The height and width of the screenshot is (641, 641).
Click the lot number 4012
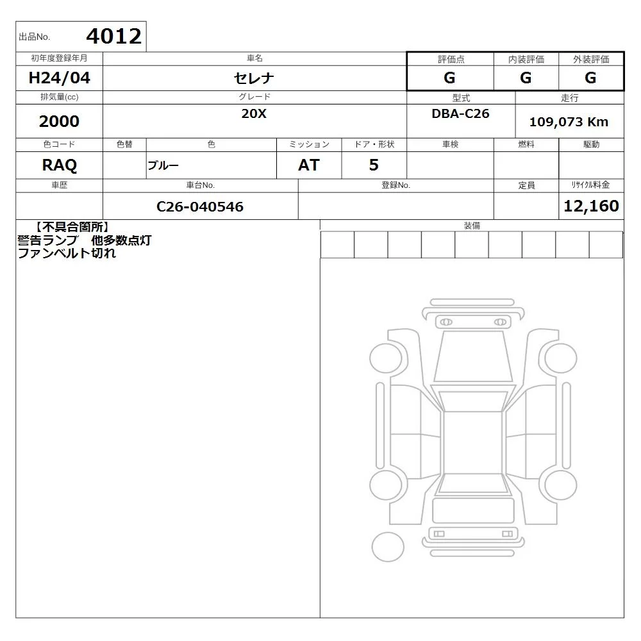113,37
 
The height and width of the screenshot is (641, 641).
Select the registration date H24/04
59,78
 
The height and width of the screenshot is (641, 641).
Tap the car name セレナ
254,78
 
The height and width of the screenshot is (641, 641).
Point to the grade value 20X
254,113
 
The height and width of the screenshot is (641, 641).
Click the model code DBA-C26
460,113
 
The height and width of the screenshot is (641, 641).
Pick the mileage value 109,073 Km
569,122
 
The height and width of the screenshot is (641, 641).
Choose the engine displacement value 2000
59,121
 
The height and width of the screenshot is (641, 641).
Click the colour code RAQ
59,165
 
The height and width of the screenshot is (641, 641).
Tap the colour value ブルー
163,165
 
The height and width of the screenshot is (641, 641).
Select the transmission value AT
309,165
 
